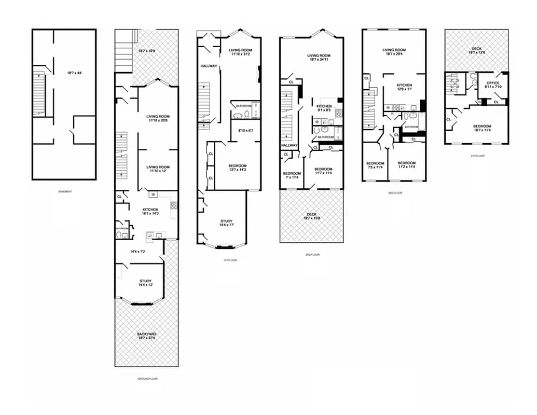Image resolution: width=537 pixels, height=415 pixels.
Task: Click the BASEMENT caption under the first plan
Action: (x=65, y=191)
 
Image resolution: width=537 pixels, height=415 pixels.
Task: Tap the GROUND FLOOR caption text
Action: (x=147, y=379)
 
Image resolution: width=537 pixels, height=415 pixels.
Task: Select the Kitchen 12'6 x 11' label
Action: (x=404, y=87)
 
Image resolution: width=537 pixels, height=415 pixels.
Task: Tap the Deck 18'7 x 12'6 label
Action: (x=476, y=50)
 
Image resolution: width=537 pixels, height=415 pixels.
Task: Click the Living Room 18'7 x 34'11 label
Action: (x=319, y=58)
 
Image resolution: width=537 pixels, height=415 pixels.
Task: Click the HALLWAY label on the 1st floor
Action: (x=209, y=66)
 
